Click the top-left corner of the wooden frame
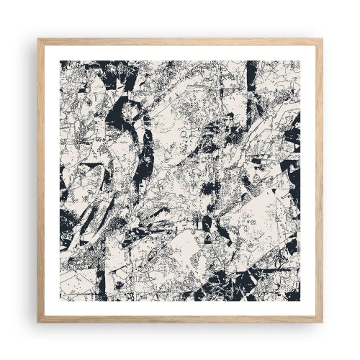click(37, 38)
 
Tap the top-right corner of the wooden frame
click(323, 38)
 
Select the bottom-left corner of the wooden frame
click(37, 323)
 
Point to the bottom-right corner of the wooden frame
click(323, 323)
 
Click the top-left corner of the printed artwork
click(60, 60)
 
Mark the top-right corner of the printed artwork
click(300, 60)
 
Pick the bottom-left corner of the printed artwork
click(60, 300)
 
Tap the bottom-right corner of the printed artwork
click(300, 300)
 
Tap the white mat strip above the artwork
click(180, 51)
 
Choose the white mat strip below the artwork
click(180, 310)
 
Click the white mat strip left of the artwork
click(50, 180)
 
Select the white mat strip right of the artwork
click(310, 180)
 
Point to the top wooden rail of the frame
click(180, 40)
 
